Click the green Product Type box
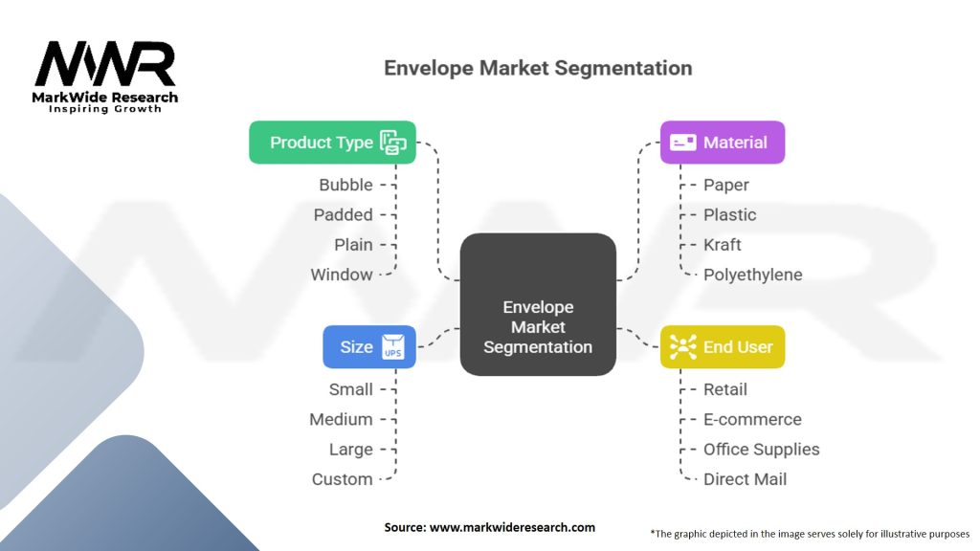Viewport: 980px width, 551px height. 332,143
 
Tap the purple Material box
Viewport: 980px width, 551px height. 722,143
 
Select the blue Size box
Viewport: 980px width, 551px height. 368,346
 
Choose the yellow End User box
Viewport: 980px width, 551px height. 722,346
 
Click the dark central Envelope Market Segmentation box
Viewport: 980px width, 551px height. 537,304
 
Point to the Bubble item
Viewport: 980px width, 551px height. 345,185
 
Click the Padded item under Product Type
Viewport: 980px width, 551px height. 343,214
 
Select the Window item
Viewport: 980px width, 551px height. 341,275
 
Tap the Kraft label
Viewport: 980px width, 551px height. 723,244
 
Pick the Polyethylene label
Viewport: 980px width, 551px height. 752,275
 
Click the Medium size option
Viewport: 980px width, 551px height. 341,419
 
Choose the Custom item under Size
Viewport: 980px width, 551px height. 342,479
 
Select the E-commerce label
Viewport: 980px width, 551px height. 752,419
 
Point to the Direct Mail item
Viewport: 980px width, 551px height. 745,479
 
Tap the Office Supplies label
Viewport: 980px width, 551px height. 761,449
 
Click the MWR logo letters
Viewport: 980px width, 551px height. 105,64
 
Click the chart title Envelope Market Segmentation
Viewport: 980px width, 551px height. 537,69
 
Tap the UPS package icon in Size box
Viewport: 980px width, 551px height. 393,346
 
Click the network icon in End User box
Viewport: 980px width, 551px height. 683,346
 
